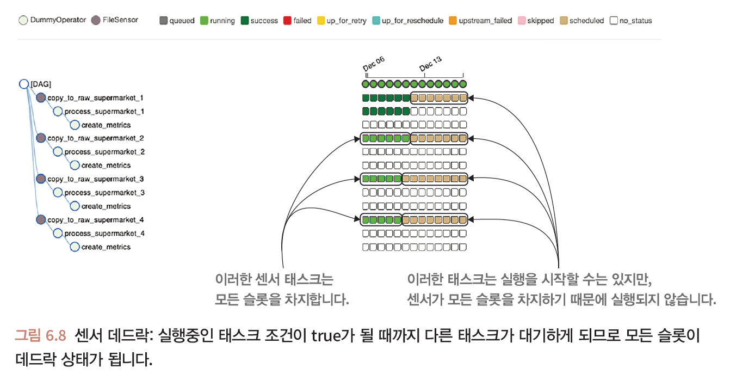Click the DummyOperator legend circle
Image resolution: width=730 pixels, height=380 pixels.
pos(23,20)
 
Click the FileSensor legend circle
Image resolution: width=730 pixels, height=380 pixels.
pos(96,20)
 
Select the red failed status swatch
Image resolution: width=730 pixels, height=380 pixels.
pos(287,21)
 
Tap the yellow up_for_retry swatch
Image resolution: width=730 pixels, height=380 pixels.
pos(321,21)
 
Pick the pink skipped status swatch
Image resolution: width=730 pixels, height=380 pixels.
pos(521,21)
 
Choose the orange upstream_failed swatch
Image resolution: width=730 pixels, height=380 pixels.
pos(453,21)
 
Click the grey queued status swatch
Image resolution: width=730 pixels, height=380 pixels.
pos(163,21)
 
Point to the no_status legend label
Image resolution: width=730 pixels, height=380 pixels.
pos(635,21)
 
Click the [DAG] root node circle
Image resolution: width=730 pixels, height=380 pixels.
pos(23,84)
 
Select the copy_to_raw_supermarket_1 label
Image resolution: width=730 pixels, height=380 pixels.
pos(95,98)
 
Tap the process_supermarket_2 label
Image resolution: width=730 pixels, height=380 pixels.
pos(104,152)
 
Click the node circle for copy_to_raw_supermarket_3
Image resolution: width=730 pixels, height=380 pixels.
pos(41,179)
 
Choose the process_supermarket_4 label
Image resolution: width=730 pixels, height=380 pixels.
pos(104,234)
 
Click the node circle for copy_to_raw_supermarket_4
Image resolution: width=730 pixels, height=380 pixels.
pos(41,220)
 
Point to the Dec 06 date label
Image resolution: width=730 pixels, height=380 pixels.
pos(373,64)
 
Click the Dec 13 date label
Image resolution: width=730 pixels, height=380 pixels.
pos(430,64)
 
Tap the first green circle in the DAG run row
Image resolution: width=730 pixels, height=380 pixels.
pos(366,84)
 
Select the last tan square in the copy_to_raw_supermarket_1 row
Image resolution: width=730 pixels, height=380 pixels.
pos(463,98)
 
